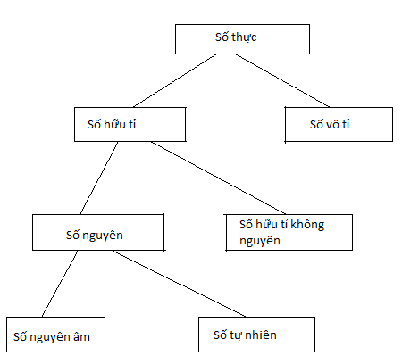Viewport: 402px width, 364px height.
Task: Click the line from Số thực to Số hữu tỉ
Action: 175,80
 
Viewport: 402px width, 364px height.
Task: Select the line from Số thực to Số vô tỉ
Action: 282,80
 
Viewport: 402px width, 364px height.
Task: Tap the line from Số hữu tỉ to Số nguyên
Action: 99,178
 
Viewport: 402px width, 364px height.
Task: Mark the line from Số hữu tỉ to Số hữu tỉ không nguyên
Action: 218,178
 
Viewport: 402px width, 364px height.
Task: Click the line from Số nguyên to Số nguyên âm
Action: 60,284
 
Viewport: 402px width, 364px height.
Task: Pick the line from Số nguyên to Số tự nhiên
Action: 180,284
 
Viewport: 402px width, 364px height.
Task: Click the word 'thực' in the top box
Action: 244,37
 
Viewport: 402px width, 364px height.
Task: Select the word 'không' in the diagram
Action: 307,225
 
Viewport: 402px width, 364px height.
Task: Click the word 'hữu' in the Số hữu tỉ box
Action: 110,124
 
